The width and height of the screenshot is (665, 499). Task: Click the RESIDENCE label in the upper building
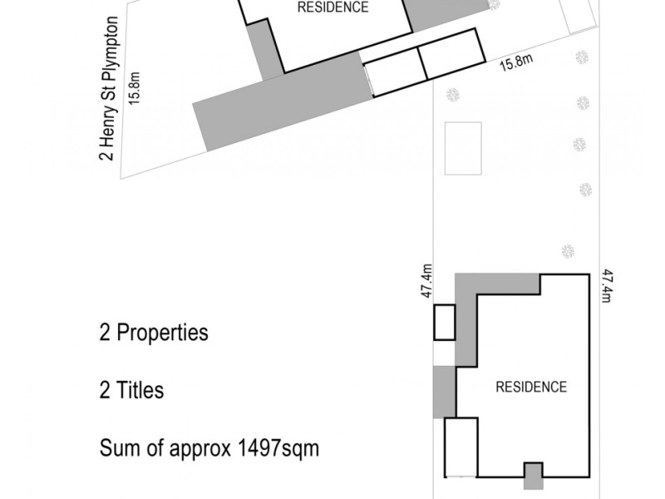pyautogui.click(x=332, y=7)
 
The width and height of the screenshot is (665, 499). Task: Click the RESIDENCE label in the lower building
pyautogui.click(x=531, y=387)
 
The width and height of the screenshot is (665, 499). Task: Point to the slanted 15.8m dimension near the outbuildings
pyautogui.click(x=515, y=63)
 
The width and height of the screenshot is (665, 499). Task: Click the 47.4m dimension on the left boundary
pyautogui.click(x=426, y=281)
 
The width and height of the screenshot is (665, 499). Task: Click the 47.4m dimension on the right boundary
pyautogui.click(x=608, y=285)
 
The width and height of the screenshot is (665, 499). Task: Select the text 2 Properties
pyautogui.click(x=154, y=333)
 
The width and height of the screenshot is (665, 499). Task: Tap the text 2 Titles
pyautogui.click(x=131, y=390)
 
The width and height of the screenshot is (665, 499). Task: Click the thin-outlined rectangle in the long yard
pyautogui.click(x=463, y=148)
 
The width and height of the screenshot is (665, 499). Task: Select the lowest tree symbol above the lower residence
pyautogui.click(x=568, y=250)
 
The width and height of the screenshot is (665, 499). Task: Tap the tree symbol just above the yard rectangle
pyautogui.click(x=453, y=95)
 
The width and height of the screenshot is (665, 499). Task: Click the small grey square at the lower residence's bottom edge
pyautogui.click(x=533, y=477)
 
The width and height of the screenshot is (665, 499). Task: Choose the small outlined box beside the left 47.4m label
pyautogui.click(x=444, y=323)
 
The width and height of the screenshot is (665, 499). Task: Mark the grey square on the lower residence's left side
pyautogui.click(x=444, y=392)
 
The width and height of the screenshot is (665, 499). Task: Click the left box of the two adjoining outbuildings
pyautogui.click(x=396, y=72)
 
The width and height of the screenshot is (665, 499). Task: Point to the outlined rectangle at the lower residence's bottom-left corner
pyautogui.click(x=461, y=447)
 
